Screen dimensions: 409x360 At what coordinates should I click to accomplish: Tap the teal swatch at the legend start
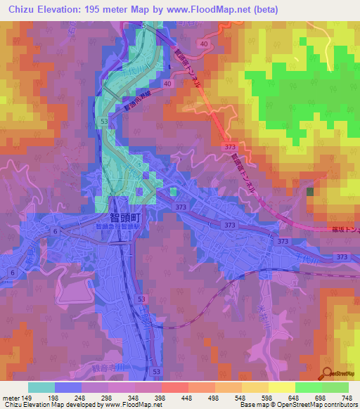41,387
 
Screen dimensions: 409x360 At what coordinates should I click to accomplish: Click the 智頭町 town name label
123,218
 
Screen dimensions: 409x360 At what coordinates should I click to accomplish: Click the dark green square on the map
310,191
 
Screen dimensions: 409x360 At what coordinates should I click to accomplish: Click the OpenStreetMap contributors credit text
319,405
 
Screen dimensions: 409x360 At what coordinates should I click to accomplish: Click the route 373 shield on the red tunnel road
230,146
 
